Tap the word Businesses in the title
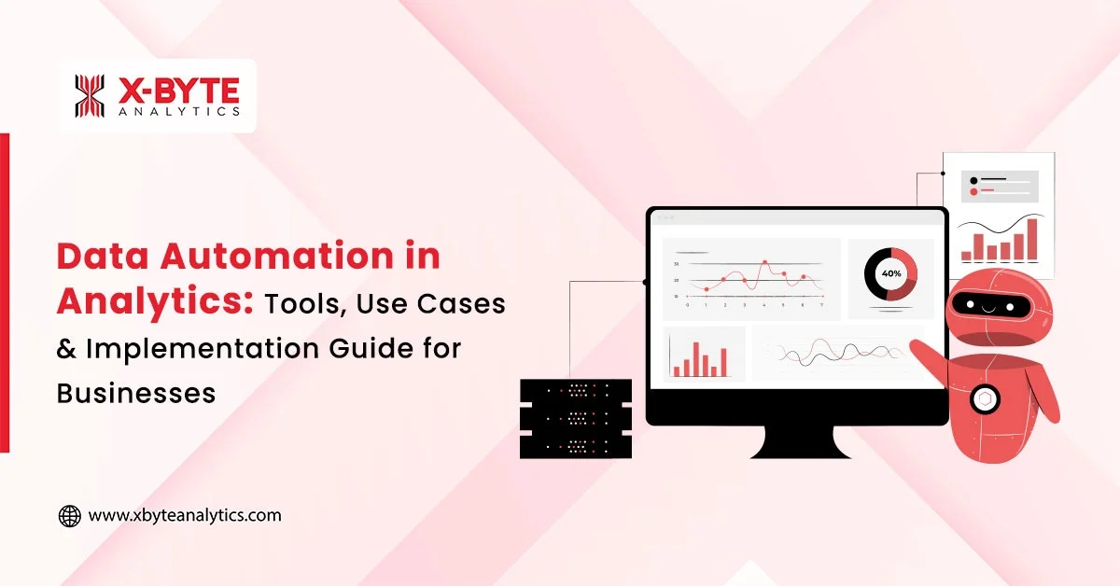pos(136,392)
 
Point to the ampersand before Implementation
pos(66,348)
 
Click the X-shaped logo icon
pos(90,96)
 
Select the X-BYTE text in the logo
pos(179,89)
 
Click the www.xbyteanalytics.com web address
pos(185,515)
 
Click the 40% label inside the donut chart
pos(890,273)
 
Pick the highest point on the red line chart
pos(764,263)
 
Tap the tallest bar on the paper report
pos(1032,239)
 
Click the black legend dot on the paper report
pos(974,179)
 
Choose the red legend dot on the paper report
pos(974,191)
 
